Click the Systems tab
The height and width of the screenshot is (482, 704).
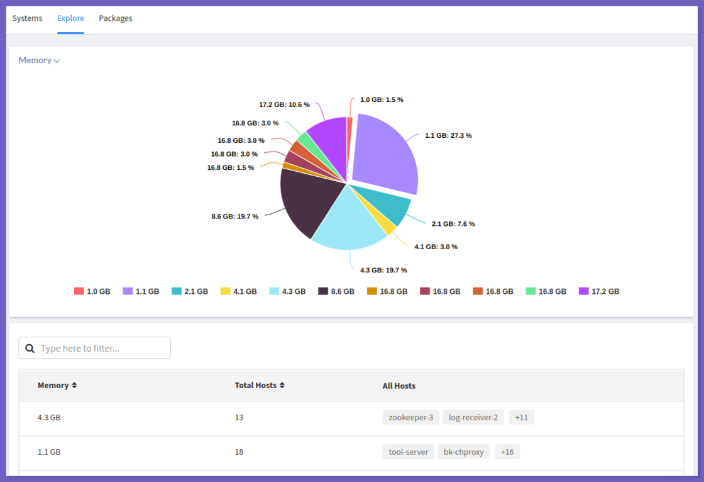[28, 18]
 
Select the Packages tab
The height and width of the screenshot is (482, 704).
[116, 18]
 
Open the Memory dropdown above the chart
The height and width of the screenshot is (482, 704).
[39, 60]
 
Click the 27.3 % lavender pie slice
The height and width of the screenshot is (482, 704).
[387, 155]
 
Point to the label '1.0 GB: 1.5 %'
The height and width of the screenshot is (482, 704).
[382, 99]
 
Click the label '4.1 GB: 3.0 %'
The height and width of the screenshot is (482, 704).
[436, 247]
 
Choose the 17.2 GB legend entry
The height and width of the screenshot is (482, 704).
[599, 291]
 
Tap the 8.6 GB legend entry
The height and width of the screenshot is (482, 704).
[336, 291]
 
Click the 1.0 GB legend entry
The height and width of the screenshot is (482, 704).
[92, 291]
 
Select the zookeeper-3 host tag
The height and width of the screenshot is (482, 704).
[410, 417]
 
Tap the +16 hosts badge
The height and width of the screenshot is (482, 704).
[507, 452]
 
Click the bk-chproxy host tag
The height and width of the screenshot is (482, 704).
[464, 452]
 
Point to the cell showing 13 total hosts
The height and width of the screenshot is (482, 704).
[239, 417]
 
